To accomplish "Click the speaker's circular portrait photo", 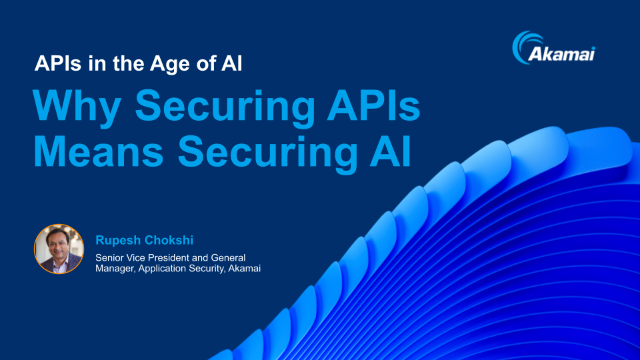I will coord(58,249).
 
